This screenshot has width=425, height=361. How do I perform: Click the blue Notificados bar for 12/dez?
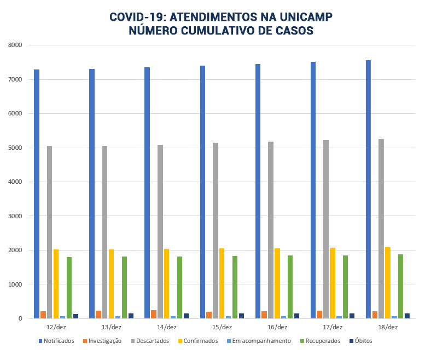(x=37, y=194)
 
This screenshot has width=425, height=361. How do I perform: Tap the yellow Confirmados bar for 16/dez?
(x=277, y=283)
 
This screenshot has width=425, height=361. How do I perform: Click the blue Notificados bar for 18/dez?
(x=368, y=189)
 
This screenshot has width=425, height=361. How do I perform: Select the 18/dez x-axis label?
(x=388, y=327)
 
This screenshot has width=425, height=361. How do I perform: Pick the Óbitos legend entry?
(x=363, y=341)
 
